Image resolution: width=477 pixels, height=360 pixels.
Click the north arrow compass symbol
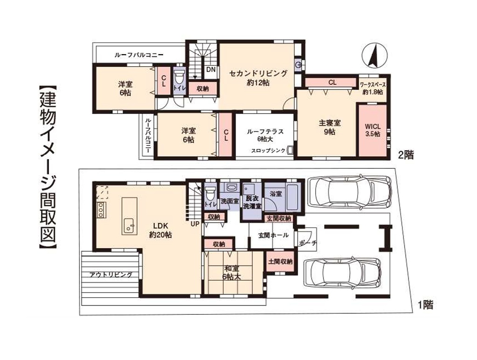tap(375, 55)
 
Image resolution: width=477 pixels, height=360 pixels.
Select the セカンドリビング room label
tap(258, 73)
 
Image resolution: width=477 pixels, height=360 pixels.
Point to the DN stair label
tap(211, 69)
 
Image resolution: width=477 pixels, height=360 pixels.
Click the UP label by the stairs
tap(195, 224)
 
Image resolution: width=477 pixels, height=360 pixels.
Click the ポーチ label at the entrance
tap(308, 243)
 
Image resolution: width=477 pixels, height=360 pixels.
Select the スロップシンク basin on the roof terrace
tap(290, 150)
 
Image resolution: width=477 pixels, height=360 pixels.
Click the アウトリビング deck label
tap(111, 275)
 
